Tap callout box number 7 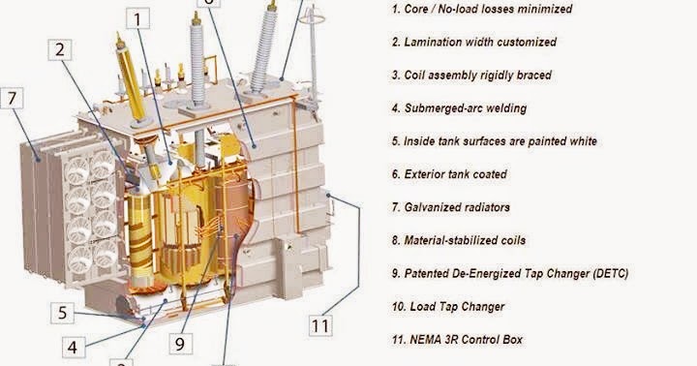point(13,98)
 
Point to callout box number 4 point(74,345)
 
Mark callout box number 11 point(320,325)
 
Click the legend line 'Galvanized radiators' point(450,207)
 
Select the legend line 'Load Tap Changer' point(448,307)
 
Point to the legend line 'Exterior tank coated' point(449,174)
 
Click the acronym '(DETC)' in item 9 point(607,274)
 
